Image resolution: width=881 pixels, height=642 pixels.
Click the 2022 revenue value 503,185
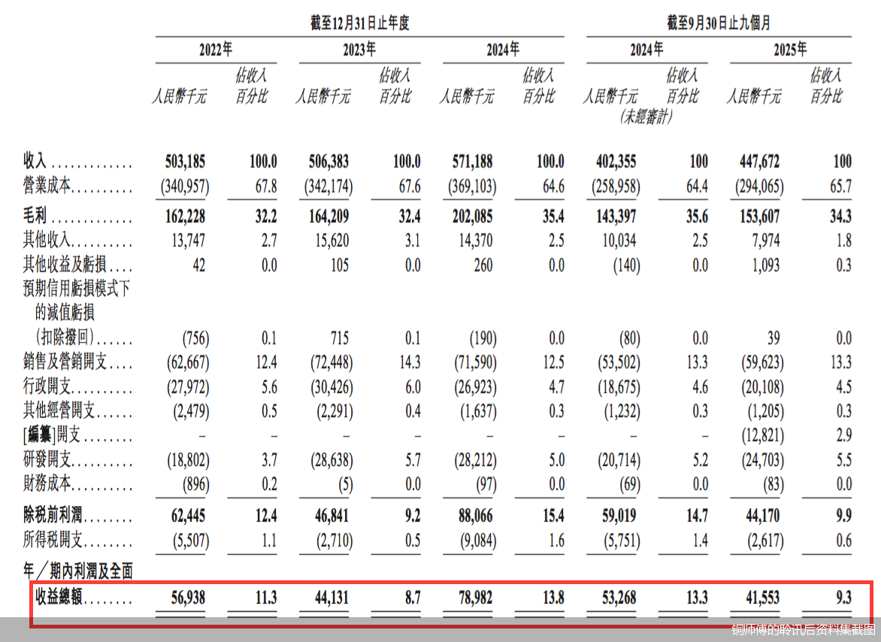(x=184, y=162)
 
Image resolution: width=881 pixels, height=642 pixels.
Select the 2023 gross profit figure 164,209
(x=328, y=217)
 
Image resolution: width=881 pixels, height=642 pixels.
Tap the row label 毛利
(x=35, y=217)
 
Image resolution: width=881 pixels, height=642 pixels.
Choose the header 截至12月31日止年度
(x=360, y=23)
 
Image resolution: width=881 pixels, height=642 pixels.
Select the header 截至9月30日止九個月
(x=719, y=23)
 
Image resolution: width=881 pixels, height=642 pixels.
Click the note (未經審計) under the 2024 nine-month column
(x=646, y=117)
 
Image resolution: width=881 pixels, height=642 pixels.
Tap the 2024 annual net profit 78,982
(x=474, y=598)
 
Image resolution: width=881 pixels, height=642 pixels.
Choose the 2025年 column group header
(x=790, y=50)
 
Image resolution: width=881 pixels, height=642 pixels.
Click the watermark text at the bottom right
(x=804, y=628)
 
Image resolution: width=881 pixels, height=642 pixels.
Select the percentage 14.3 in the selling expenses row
(x=410, y=362)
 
